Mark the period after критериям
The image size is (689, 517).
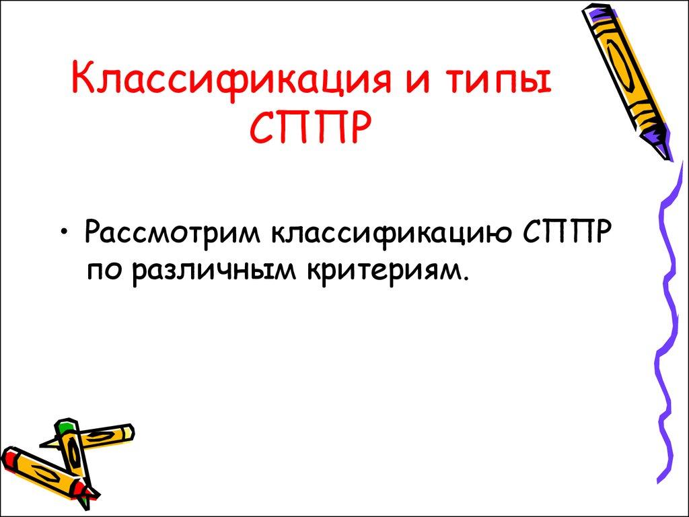click(x=464, y=277)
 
